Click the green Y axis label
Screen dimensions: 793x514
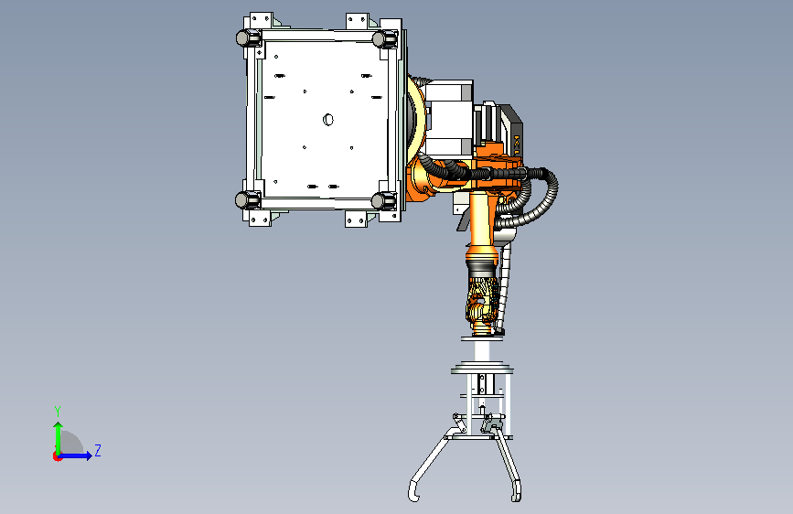click(x=58, y=411)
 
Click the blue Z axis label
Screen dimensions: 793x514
click(x=98, y=450)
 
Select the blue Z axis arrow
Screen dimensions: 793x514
click(x=75, y=455)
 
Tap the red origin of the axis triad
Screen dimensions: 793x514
click(x=57, y=456)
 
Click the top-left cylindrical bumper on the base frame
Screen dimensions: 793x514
click(x=248, y=37)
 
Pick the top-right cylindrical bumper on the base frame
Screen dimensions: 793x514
click(x=385, y=38)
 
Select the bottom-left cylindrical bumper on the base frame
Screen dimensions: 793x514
click(x=247, y=200)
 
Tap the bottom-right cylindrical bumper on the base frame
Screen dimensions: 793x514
click(x=384, y=201)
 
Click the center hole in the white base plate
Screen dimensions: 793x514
click(x=328, y=120)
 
